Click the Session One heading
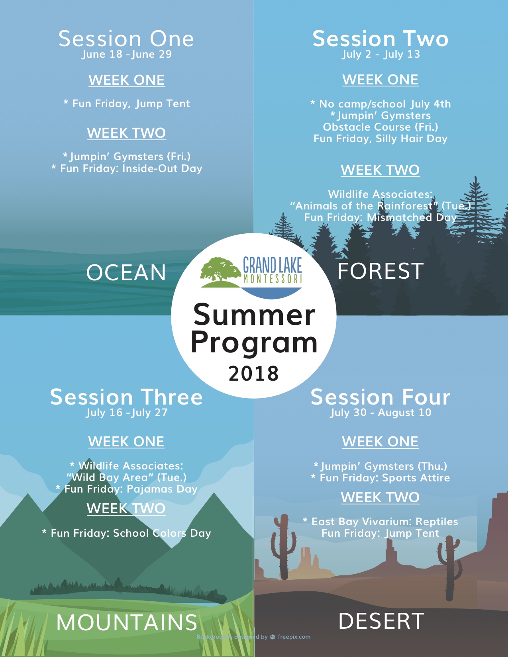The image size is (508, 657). [126, 39]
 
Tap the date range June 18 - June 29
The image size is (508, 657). [126, 55]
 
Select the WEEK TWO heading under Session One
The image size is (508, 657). [126, 133]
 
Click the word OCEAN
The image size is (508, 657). [126, 272]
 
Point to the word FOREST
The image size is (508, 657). [381, 271]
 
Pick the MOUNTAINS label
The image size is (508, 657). [127, 622]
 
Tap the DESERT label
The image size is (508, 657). [381, 621]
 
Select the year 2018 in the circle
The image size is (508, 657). [253, 373]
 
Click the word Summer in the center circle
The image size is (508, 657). [254, 315]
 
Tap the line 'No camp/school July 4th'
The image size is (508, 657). [385, 104]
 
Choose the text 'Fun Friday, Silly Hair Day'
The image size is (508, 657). [381, 139]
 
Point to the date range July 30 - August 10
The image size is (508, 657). [381, 413]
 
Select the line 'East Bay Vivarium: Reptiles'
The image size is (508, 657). [384, 522]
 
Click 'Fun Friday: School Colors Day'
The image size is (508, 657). [131, 533]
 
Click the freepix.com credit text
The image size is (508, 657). [294, 637]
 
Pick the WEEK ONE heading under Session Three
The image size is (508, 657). [126, 442]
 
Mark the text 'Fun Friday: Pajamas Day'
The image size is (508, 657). [131, 489]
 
